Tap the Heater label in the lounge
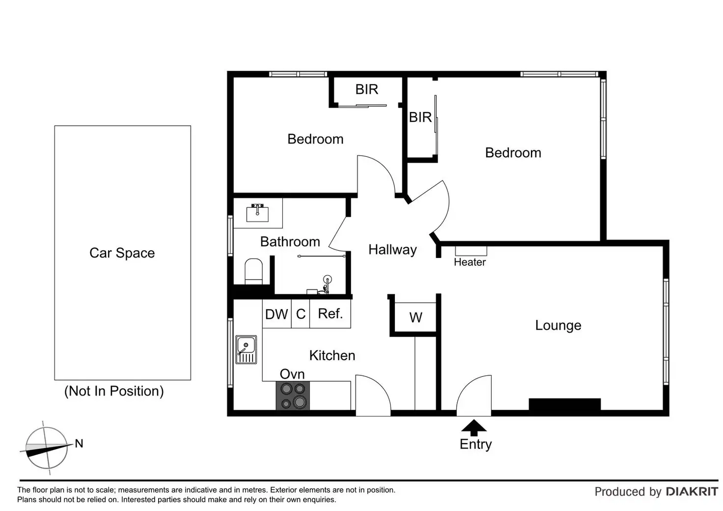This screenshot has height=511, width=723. coord(470,262)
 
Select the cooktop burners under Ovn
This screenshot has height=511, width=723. coord(293,396)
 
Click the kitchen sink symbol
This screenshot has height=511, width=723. coord(246,349)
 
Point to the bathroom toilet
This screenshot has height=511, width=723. coord(253,271)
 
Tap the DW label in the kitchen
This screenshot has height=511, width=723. coord(277,314)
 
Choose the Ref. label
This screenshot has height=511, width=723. coord(330,313)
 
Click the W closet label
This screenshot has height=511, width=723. coord(416,318)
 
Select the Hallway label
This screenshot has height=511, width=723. coord(392,250)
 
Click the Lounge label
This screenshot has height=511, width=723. coord(558,325)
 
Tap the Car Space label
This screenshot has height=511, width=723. coord(122,253)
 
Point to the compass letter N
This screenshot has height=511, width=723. coord(79,444)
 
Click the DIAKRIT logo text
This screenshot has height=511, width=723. coord(692,491)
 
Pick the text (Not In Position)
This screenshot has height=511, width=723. coord(114,391)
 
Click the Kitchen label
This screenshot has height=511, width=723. coord(332,355)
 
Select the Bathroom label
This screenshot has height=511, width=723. coord(290,242)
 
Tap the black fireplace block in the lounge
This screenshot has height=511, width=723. coord(564,404)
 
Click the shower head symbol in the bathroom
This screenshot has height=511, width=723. coord(327,280)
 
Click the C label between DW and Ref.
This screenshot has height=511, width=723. coord(301,314)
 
